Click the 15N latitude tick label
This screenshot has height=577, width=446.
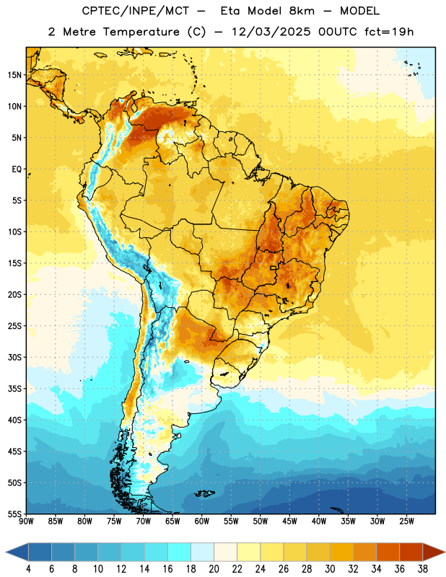pyautogui.click(x=14, y=75)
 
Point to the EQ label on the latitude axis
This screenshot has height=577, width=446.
pyautogui.click(x=17, y=169)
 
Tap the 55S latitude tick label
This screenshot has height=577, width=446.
pyautogui.click(x=14, y=514)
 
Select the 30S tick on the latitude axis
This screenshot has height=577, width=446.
pyautogui.click(x=14, y=357)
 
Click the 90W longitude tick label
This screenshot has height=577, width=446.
pyautogui.click(x=27, y=521)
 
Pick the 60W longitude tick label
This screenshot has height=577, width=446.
pyautogui.click(x=202, y=521)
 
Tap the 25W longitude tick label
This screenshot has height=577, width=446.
pyautogui.click(x=406, y=521)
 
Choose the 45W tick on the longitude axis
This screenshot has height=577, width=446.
pyautogui.click(x=290, y=521)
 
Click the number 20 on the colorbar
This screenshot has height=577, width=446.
pyautogui.click(x=214, y=569)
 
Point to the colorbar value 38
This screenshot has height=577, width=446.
pyautogui.click(x=423, y=569)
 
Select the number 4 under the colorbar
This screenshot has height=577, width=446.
pyautogui.click(x=28, y=569)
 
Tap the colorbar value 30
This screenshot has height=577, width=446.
pyautogui.click(x=330, y=569)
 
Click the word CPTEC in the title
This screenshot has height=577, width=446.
pyautogui.click(x=96, y=11)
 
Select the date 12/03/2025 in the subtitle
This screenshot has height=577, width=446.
pyautogui.click(x=271, y=32)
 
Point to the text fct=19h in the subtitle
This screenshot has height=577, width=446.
pyautogui.click(x=389, y=32)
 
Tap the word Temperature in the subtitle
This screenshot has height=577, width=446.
pyautogui.click(x=141, y=32)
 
